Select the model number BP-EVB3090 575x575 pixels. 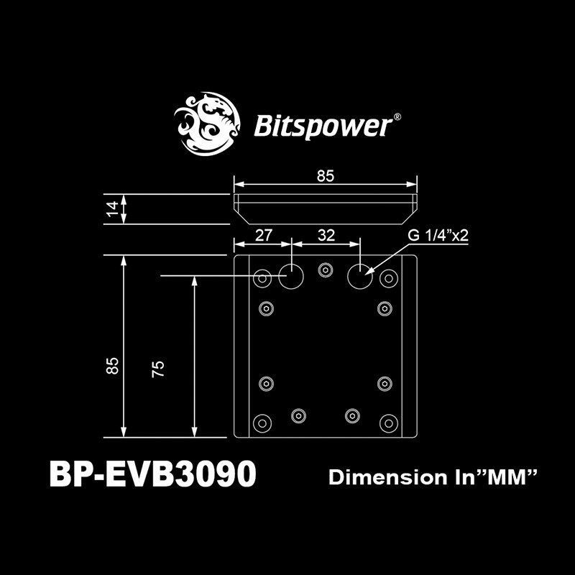(152, 475)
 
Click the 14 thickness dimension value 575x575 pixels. (111, 209)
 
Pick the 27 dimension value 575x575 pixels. (264, 234)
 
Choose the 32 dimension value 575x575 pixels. (326, 234)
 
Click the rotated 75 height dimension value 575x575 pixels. (159, 368)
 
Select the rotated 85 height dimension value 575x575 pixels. (111, 365)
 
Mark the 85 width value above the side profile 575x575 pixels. (326, 176)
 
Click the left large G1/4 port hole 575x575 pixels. (293, 275)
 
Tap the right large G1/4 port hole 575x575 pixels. (361, 275)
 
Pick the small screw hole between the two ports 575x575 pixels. (326, 270)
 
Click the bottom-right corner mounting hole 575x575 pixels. (388, 422)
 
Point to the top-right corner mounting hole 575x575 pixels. (389, 277)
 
